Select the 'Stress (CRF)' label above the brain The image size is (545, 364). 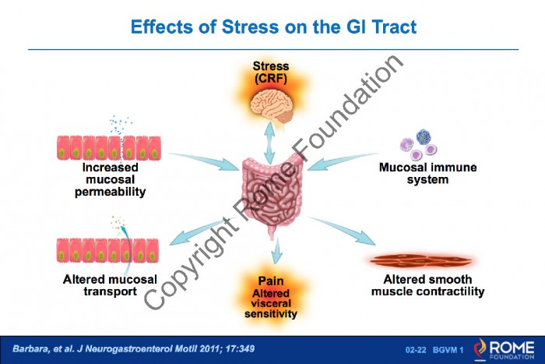271,72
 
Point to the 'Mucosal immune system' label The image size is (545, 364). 428,173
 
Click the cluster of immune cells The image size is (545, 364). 419,144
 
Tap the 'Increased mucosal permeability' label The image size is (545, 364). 111,179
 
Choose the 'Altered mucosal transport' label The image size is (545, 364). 110,285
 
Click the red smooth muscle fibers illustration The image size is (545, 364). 420,260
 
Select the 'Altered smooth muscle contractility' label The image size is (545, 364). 428,285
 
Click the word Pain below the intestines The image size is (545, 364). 271,281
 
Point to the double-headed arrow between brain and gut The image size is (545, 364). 269,143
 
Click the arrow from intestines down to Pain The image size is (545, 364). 276,250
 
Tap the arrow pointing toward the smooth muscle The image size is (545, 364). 342,231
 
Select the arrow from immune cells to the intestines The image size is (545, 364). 343,161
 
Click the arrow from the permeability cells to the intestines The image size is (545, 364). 204,161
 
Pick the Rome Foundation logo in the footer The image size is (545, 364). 504,349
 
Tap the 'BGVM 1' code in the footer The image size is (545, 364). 448,350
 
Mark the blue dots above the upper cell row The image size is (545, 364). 120,125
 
